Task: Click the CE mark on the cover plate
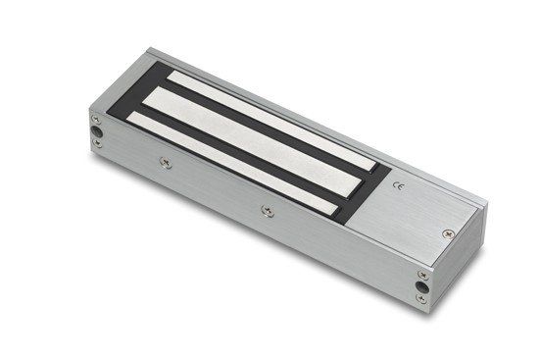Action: tap(400, 186)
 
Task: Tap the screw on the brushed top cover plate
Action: tap(448, 234)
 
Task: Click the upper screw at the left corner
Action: tap(96, 120)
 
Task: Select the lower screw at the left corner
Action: tap(98, 143)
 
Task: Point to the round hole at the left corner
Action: tap(96, 131)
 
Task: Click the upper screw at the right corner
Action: tap(423, 275)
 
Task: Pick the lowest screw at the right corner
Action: tap(421, 298)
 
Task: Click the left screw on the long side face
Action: tap(166, 163)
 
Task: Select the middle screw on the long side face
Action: tap(268, 210)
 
